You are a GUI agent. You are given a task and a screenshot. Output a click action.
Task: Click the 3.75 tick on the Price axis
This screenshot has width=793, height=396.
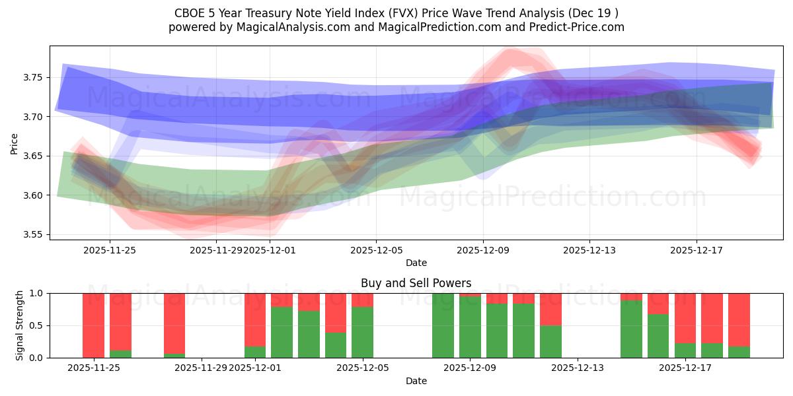[34, 77]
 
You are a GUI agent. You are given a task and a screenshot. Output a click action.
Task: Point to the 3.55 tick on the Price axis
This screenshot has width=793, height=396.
[34, 234]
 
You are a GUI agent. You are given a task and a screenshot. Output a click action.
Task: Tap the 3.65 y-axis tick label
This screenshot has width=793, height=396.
[34, 156]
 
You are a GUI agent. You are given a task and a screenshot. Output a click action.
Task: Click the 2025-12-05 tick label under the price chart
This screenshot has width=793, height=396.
[376, 250]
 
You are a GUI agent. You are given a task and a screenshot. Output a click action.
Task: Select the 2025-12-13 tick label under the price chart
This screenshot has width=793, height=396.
[589, 250]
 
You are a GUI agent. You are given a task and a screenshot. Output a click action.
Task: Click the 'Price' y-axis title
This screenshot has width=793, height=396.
[15, 143]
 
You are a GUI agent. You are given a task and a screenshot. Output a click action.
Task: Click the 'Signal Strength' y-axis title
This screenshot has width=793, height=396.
[20, 325]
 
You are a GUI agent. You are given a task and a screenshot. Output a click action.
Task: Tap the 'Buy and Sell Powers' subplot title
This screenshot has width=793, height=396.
[416, 283]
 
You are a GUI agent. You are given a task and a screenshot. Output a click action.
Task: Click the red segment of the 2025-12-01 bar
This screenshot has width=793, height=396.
[255, 319]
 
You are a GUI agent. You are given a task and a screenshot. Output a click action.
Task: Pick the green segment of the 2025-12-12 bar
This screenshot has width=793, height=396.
[550, 341]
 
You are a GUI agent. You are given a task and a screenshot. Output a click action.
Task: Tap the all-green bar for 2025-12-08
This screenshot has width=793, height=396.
[443, 325]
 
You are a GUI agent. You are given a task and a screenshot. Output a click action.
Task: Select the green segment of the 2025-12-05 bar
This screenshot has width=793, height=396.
[362, 332]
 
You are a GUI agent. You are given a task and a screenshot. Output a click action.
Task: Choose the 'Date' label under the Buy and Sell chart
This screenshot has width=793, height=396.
[416, 381]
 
